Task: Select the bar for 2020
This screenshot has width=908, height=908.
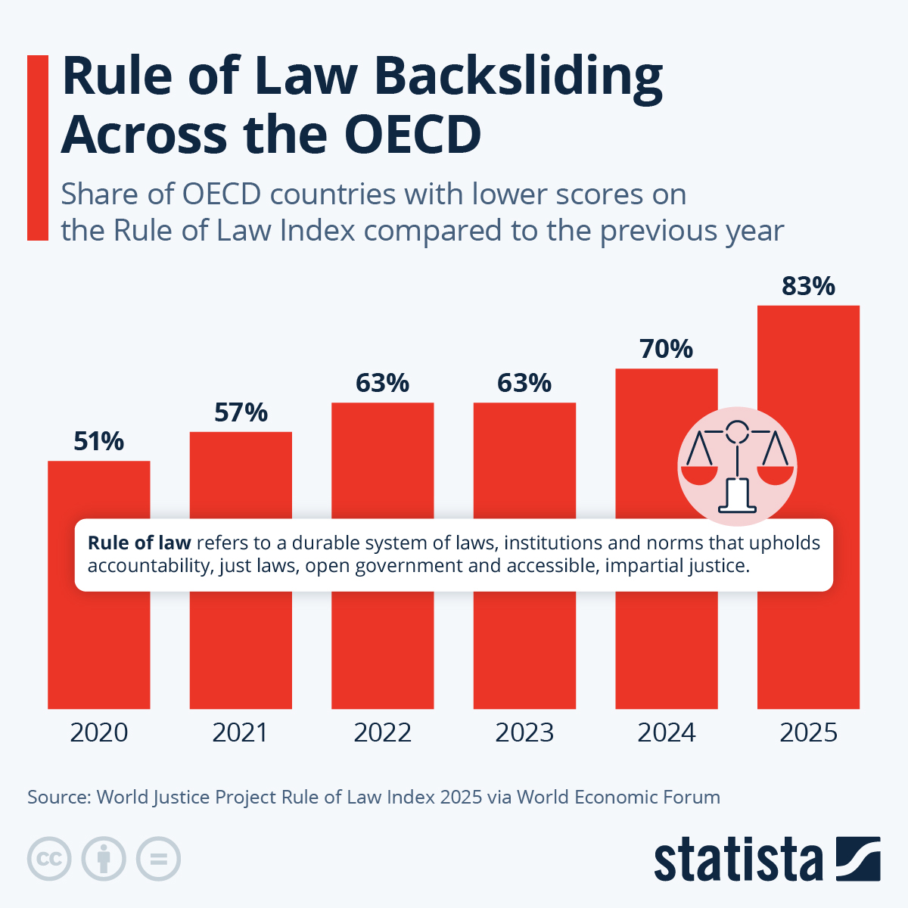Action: [98, 643]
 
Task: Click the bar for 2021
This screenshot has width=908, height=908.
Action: [241, 643]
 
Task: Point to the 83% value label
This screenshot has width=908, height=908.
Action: [808, 286]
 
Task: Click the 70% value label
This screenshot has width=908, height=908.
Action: [666, 349]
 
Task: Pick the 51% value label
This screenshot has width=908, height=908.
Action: [98, 441]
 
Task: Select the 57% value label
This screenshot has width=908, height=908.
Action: [241, 412]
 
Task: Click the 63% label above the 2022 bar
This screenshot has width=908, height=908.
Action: [382, 384]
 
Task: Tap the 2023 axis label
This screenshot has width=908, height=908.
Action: [524, 732]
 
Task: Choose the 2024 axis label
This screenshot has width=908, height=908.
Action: [666, 732]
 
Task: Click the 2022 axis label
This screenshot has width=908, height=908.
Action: [382, 732]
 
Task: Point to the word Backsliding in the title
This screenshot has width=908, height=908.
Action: [518, 77]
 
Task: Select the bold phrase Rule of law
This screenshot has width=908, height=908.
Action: [139, 543]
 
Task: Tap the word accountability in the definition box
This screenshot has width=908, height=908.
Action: [150, 566]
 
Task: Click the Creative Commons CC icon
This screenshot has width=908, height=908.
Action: [49, 859]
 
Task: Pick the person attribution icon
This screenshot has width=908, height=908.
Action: [104, 859]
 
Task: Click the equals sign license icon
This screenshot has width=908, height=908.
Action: [158, 859]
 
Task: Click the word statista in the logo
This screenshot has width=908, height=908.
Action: [738, 860]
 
